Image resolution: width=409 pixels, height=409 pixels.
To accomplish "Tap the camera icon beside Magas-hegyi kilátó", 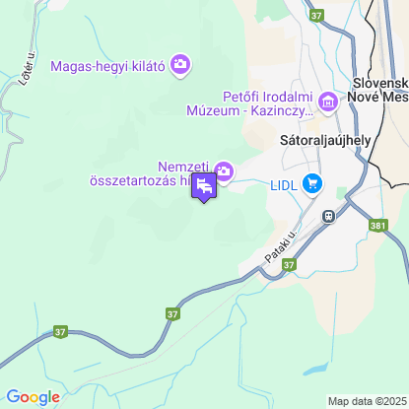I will point(179,65).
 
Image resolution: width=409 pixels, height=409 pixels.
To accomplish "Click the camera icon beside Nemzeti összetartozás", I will point(224,172).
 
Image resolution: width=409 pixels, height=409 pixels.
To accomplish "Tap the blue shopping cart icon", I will point(313,182).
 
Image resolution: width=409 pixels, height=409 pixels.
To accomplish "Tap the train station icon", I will point(326,216).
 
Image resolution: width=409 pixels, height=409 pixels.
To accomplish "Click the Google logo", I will point(34,396).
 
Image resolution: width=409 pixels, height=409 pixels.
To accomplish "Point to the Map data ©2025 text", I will point(366,401).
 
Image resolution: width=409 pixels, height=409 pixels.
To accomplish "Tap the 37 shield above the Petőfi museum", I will point(315,16).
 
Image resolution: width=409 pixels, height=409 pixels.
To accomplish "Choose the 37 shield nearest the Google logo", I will point(60,331).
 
